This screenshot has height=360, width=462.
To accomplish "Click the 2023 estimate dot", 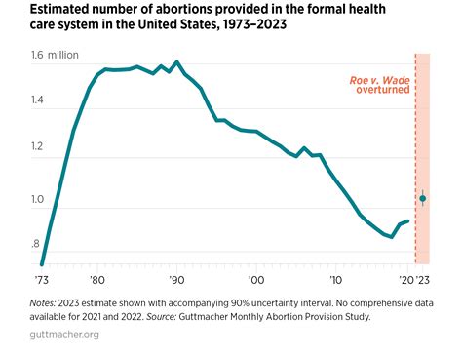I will tap(422, 199).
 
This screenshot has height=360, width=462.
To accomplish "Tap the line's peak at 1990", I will tap(175, 62).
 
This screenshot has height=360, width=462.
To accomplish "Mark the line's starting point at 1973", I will tap(42, 263).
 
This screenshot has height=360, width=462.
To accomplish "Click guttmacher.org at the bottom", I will tap(65, 335).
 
